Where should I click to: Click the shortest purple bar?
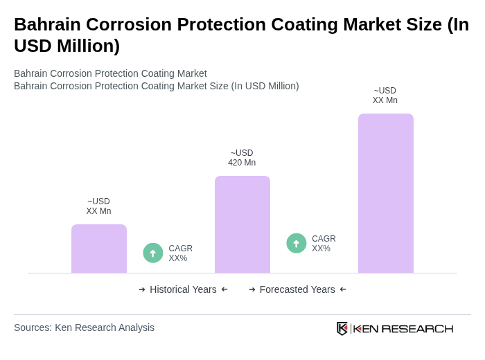[99, 249]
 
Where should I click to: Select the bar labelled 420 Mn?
[242, 224]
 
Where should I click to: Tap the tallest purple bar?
[386, 193]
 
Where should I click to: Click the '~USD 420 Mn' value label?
[242, 158]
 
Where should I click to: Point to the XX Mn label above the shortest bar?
[98, 206]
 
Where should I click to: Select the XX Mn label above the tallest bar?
[385, 96]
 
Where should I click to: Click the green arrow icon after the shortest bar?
[153, 253]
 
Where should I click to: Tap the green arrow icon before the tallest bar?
[297, 243]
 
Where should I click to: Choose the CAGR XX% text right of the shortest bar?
[180, 253]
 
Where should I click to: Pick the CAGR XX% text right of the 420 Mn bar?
[324, 244]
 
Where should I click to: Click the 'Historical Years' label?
[183, 289]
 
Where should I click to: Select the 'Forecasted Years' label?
[297, 289]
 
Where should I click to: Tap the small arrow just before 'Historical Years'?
[142, 289]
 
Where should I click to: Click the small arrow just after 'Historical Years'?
[224, 289]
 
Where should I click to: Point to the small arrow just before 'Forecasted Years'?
[252, 289]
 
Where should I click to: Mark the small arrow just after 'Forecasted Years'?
[343, 289]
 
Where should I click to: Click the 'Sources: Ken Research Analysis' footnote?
[84, 327]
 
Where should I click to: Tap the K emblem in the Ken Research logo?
[342, 328]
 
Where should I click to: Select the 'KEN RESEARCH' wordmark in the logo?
[403, 328]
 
